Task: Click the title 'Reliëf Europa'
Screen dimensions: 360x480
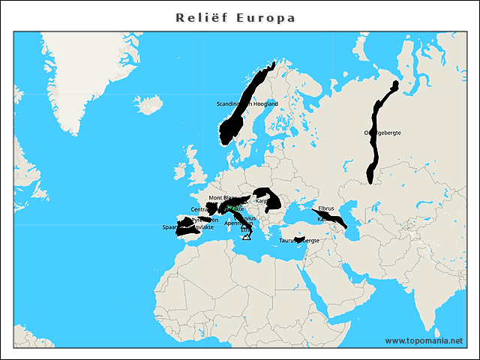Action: tap(235, 17)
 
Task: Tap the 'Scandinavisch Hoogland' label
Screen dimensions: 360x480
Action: tap(247, 103)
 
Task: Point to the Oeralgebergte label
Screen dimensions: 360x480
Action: tap(382, 133)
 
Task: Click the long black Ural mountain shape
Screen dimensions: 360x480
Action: tap(374, 150)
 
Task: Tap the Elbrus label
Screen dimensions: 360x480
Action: tap(326, 208)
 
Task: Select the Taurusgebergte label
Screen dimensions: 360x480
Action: tap(299, 241)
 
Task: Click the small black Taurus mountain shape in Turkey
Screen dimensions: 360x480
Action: tap(298, 239)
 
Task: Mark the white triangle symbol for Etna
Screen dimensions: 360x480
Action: tap(246, 237)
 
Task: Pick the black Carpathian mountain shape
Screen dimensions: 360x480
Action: tap(271, 198)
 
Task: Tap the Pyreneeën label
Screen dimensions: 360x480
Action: tap(205, 220)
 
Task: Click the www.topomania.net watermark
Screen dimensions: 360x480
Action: tap(424, 340)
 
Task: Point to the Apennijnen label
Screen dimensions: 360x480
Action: tap(238, 223)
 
